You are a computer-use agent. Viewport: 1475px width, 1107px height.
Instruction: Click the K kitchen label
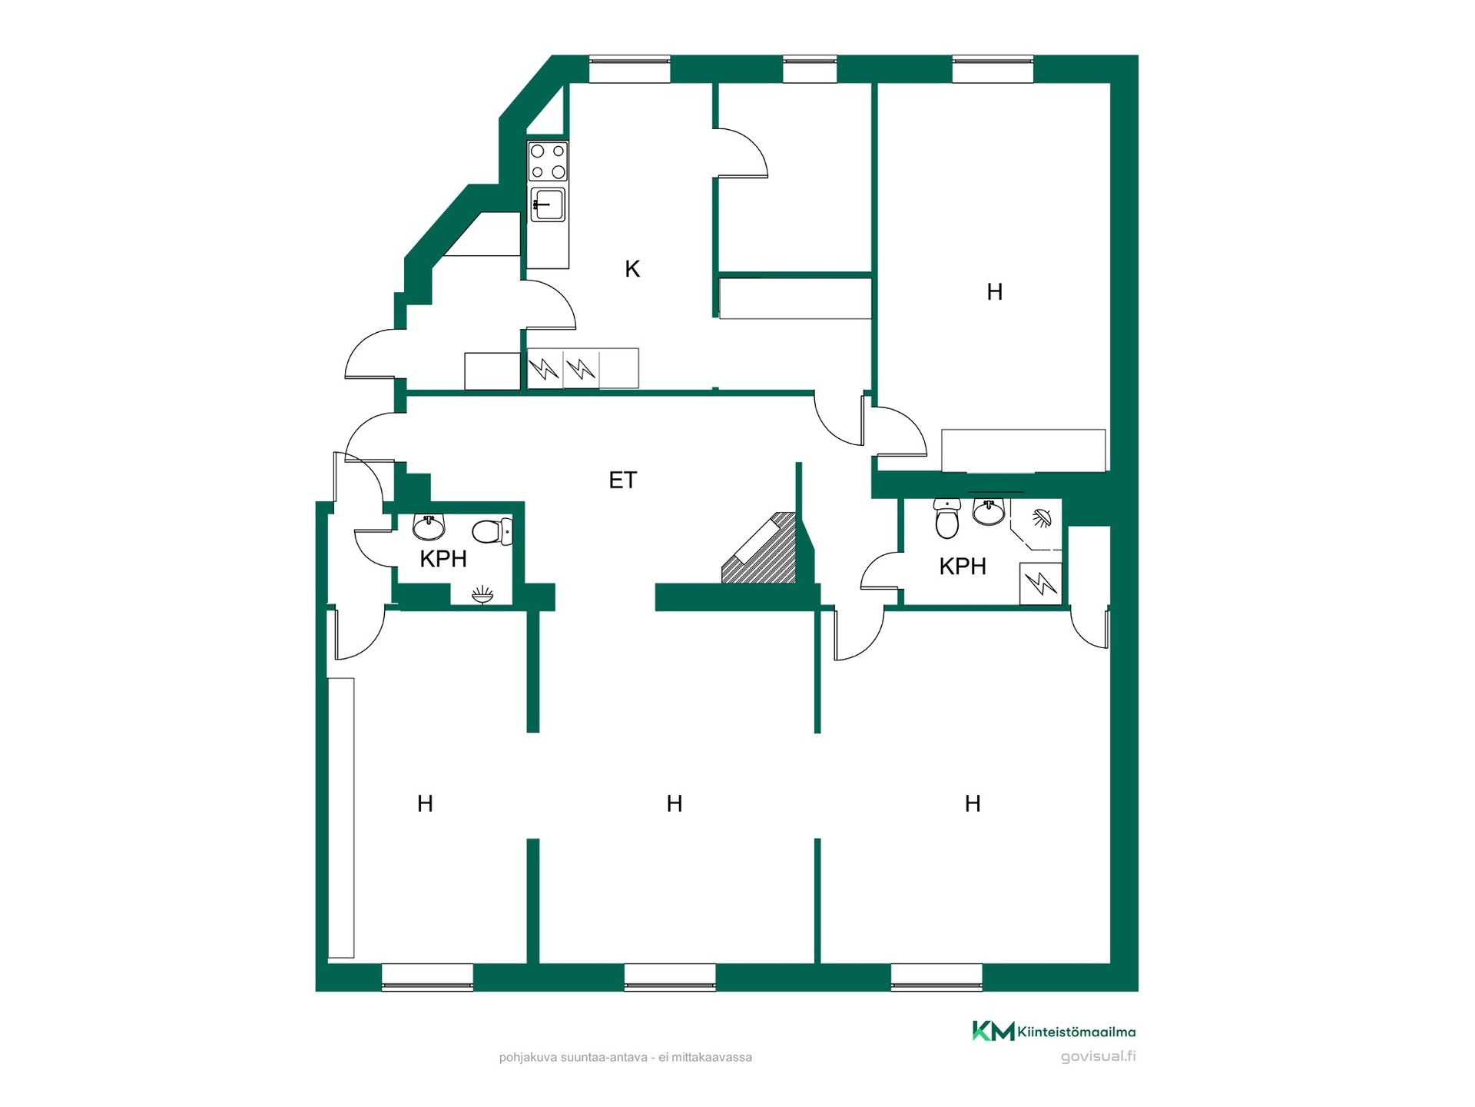(632, 269)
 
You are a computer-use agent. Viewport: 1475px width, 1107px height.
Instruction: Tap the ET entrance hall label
(623, 480)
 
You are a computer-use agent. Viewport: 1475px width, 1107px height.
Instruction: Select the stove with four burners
(548, 161)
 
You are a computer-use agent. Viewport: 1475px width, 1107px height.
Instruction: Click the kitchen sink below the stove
(548, 204)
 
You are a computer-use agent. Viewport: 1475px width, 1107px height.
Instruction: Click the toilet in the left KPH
(492, 531)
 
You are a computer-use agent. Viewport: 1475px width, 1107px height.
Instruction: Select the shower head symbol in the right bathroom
(1042, 518)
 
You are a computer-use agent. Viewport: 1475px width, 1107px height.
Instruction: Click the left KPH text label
(443, 559)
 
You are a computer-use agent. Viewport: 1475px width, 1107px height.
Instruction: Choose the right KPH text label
(963, 567)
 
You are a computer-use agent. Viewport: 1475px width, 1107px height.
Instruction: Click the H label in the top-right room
(995, 292)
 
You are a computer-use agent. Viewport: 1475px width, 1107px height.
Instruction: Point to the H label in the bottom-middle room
(675, 804)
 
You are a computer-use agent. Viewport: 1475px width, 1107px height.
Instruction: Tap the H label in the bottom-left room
(425, 804)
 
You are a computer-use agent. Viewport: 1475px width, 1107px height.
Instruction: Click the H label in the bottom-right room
(973, 804)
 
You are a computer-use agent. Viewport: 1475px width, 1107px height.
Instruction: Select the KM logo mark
(993, 1031)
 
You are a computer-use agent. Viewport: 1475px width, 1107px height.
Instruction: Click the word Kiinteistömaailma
(1076, 1032)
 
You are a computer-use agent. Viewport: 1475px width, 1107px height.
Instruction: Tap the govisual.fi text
(1099, 1056)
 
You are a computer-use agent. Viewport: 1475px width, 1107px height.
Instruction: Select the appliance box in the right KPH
(1040, 583)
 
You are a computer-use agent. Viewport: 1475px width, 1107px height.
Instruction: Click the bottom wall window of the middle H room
(670, 976)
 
